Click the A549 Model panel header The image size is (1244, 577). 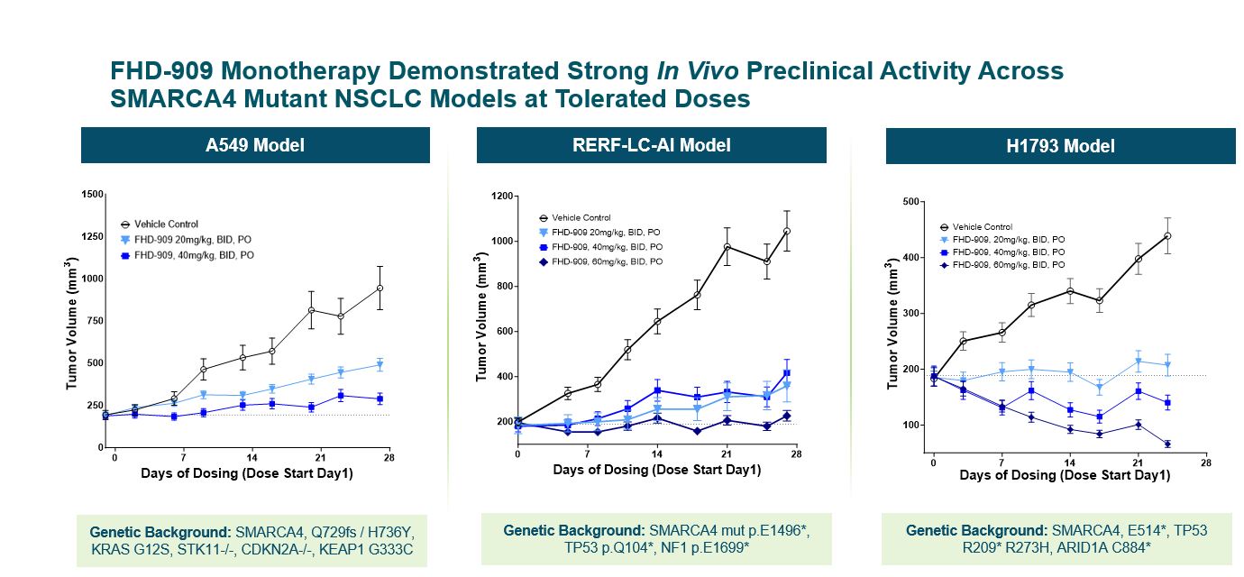coord(255,145)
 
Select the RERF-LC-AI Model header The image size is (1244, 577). coord(651,145)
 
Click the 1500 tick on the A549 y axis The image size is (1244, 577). coord(90,194)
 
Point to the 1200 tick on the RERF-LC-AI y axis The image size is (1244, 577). coord(500,196)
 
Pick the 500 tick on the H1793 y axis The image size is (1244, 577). coord(910,202)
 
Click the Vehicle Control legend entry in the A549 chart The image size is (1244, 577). coord(165,224)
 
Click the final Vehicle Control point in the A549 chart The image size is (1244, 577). coord(380,288)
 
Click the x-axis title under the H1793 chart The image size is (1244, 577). coord(1065,475)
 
